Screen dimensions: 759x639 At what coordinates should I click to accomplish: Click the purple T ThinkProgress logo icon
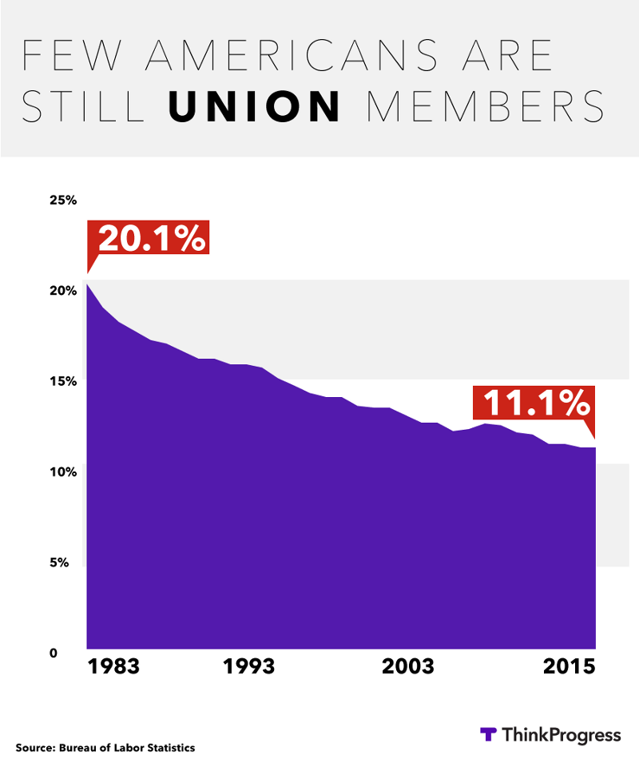click(x=488, y=733)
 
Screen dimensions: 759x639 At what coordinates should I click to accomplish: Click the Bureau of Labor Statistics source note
click(x=105, y=748)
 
